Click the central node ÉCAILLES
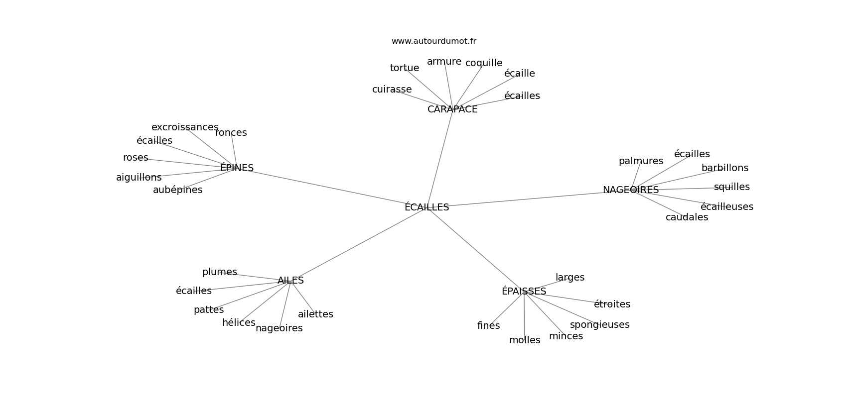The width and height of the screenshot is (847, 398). pos(426,207)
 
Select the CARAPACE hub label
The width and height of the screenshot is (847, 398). pos(452,109)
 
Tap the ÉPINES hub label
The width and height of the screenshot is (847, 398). pos(237,168)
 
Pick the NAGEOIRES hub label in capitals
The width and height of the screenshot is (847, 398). pos(631,190)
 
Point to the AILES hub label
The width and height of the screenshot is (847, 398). pos(290,280)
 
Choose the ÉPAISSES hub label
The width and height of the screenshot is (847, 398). pos(524,291)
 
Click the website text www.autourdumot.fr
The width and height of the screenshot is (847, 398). pos(433,41)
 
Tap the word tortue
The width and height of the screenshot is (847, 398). pos(405,68)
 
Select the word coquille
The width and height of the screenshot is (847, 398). pos(484,63)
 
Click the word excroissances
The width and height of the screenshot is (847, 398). pos(185,127)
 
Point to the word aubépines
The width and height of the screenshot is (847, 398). pos(178,190)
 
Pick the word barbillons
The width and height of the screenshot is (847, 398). pos(725,168)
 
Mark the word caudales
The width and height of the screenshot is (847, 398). pos(687,217)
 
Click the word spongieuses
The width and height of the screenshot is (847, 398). pos(600,325)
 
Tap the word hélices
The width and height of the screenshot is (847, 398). pos(239,322)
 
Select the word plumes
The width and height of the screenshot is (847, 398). pos(219,272)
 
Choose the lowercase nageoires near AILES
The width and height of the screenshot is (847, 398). pos(279,328)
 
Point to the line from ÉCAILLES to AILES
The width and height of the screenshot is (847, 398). pos(361,243)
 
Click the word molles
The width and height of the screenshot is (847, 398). pos(525,340)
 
